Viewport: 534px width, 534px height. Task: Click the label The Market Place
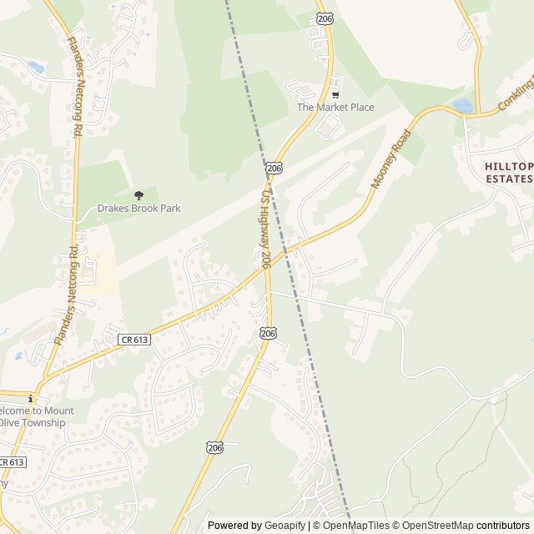pos(335,108)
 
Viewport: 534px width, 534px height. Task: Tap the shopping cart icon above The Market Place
pos(335,94)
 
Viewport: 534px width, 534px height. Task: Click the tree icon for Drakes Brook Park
pos(139,194)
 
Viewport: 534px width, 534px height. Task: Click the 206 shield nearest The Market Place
pos(275,169)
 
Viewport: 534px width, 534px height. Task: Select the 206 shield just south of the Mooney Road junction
pos(267,333)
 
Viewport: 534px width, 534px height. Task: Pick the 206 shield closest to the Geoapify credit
pos(214,448)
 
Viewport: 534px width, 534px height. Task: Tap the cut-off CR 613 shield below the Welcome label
pos(12,462)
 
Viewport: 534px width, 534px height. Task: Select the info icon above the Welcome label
pos(30,399)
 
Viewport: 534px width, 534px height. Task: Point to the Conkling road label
pos(516,93)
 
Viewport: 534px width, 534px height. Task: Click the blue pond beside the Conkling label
pos(462,106)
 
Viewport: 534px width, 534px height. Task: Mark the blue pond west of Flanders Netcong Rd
pos(35,66)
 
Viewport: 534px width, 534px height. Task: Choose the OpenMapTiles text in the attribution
pos(355,526)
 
